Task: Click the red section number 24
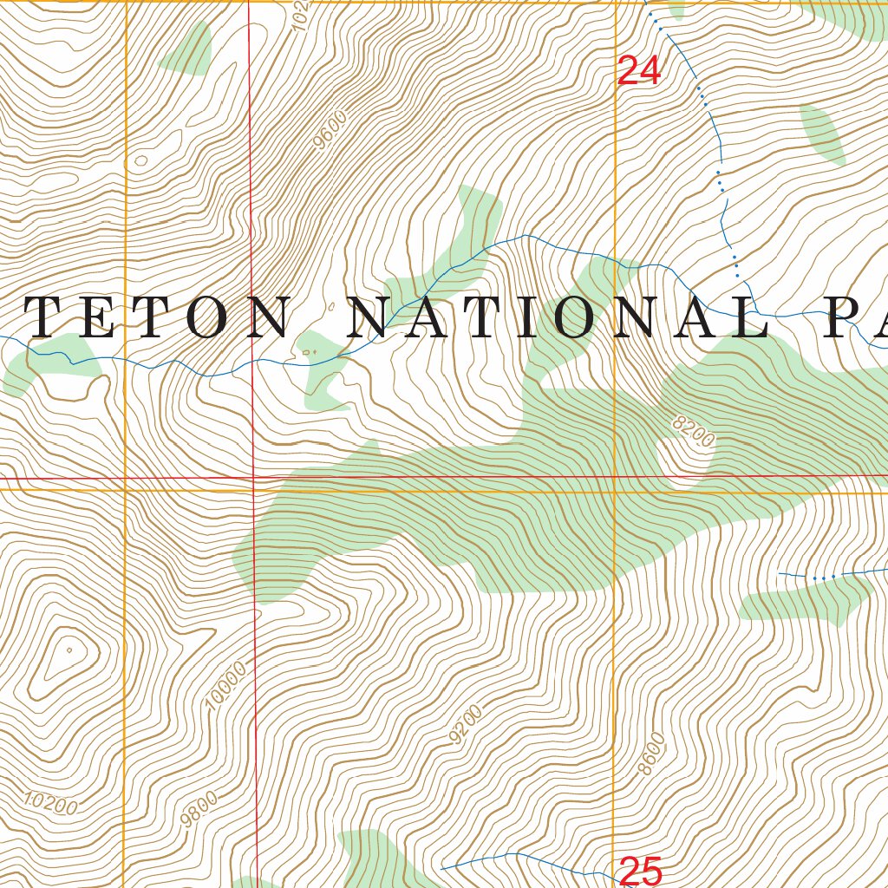click(x=639, y=71)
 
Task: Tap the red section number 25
click(x=641, y=870)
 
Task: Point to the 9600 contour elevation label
click(x=331, y=129)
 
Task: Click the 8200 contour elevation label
click(x=694, y=431)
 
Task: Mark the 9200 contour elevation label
click(x=466, y=727)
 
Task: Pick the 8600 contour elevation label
click(x=651, y=754)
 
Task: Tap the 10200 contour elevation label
click(x=50, y=804)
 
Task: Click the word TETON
click(x=156, y=318)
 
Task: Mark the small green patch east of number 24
click(x=823, y=134)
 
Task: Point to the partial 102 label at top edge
click(x=301, y=14)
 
